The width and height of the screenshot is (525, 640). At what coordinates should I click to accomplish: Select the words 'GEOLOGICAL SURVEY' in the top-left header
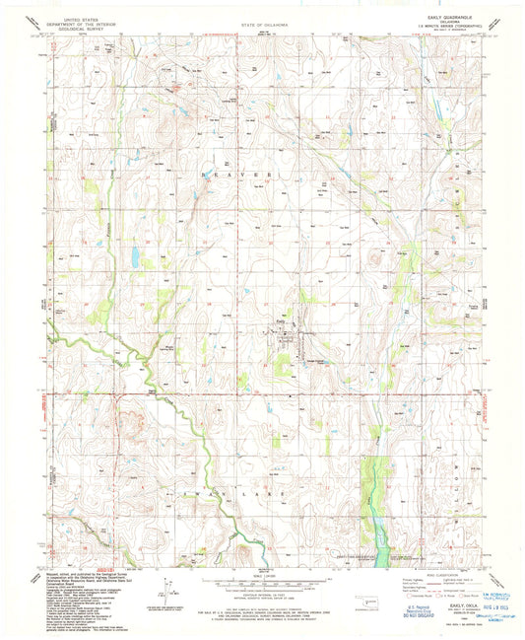(x=82, y=27)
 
